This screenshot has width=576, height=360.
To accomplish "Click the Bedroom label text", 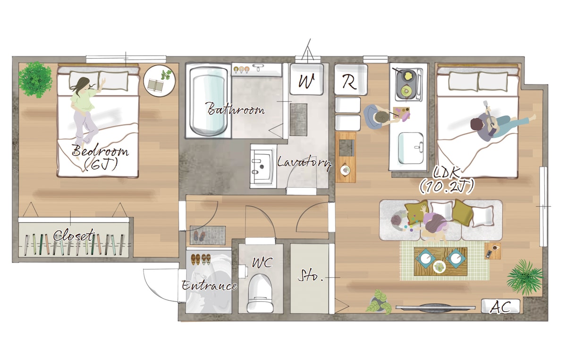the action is click(x=100, y=151).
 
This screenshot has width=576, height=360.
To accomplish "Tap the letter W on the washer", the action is click(x=306, y=81).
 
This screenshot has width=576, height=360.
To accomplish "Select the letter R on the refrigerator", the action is click(x=350, y=82).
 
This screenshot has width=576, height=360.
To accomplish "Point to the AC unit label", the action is click(x=500, y=307).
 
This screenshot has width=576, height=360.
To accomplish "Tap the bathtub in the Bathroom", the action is click(x=208, y=101).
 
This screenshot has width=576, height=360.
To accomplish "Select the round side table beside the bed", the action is click(x=160, y=80).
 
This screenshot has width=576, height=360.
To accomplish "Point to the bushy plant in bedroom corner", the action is click(x=35, y=80).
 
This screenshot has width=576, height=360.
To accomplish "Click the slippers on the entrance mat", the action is click(x=200, y=235).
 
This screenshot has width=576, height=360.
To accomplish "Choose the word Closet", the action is click(x=74, y=235).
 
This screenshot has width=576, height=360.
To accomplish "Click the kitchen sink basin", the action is click(x=411, y=148).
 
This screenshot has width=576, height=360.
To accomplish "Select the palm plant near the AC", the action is click(x=525, y=277).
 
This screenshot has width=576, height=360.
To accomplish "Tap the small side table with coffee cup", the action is click(x=492, y=251).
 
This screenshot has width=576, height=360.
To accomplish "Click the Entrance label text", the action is click(x=209, y=285).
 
